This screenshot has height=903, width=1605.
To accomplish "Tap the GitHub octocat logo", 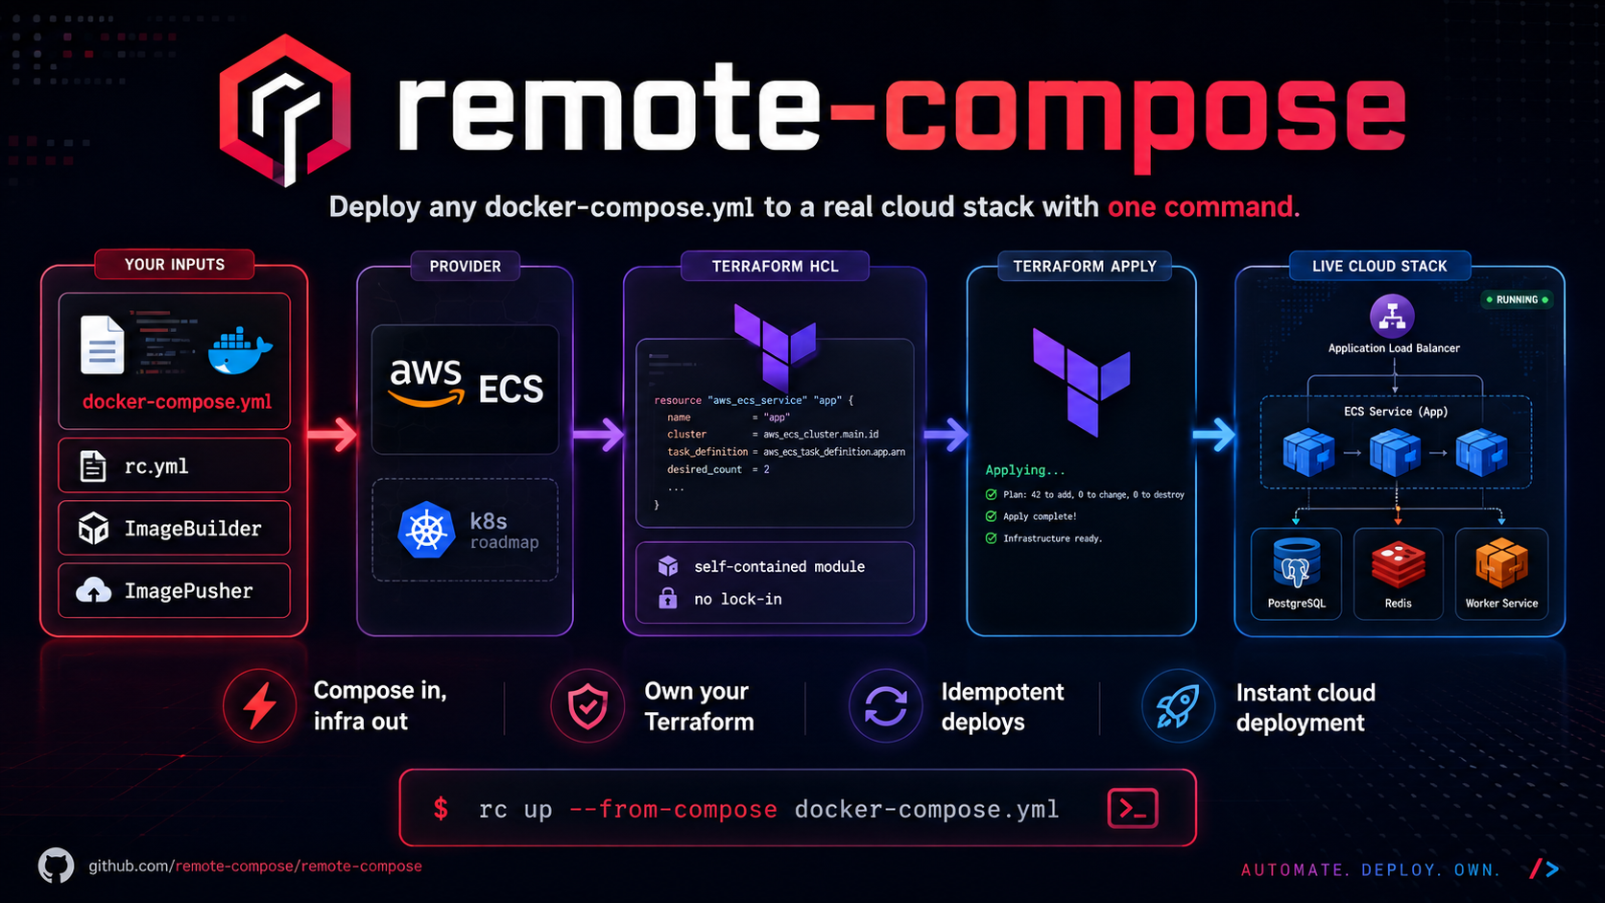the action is point(56,866).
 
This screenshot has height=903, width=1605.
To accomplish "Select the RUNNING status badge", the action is point(1517,299).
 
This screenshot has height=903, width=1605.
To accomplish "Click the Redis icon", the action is point(1398,565).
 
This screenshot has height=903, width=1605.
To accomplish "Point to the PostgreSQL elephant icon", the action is point(1296,563).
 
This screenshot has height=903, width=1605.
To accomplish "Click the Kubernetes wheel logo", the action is point(426,530).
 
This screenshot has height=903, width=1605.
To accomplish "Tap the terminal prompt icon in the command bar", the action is point(1132,808).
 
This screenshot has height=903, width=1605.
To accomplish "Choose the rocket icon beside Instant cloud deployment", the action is point(1177,706).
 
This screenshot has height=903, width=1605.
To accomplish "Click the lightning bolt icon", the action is point(259,705).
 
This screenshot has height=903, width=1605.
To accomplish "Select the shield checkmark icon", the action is point(587,706).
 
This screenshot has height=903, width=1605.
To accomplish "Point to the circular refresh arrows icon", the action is point(886,706).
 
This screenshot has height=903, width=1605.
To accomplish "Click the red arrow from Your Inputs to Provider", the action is point(332,434).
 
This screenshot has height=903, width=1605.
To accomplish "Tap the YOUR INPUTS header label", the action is point(175,264).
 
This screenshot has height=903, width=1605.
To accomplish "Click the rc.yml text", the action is point(156,467).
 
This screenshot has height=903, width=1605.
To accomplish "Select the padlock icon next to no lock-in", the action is point(668,598).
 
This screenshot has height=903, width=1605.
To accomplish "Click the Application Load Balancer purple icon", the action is point(1392,316).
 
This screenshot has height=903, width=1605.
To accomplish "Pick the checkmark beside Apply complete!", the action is point(991,516).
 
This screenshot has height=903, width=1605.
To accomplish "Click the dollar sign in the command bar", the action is point(441,809).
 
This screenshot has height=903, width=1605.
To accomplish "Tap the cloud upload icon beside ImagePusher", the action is point(94,591).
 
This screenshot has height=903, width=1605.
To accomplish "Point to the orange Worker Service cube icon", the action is point(1501,563).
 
